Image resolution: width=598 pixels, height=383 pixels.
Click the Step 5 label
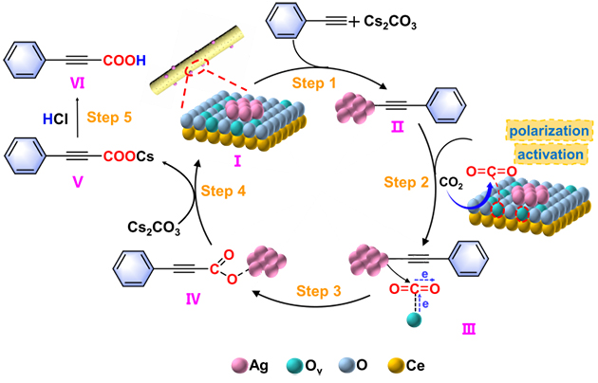110,118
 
